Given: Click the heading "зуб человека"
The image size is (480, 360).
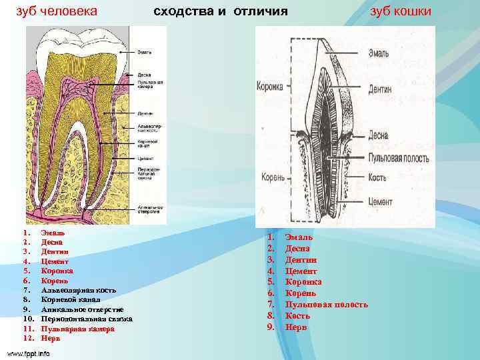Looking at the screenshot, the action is (x=57, y=11).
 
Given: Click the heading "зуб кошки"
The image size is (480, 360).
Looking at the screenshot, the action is (x=401, y=11).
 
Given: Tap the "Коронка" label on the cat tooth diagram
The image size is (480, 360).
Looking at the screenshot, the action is (x=270, y=87).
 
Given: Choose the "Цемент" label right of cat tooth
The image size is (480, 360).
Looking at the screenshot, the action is (x=381, y=201).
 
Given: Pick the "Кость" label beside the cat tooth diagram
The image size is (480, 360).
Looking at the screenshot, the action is (x=377, y=179).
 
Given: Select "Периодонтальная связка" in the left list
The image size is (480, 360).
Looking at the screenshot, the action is (x=87, y=319).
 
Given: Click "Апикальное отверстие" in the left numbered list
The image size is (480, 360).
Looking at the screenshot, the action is (x=82, y=309).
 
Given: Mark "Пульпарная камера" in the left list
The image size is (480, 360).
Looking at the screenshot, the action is (x=78, y=329).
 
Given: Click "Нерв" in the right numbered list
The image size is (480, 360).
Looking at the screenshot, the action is (x=296, y=327).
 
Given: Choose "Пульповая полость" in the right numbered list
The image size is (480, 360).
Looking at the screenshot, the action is (x=326, y=305).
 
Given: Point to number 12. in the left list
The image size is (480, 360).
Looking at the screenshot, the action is (x=27, y=338).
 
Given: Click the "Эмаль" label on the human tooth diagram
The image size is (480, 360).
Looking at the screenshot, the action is (x=144, y=51).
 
